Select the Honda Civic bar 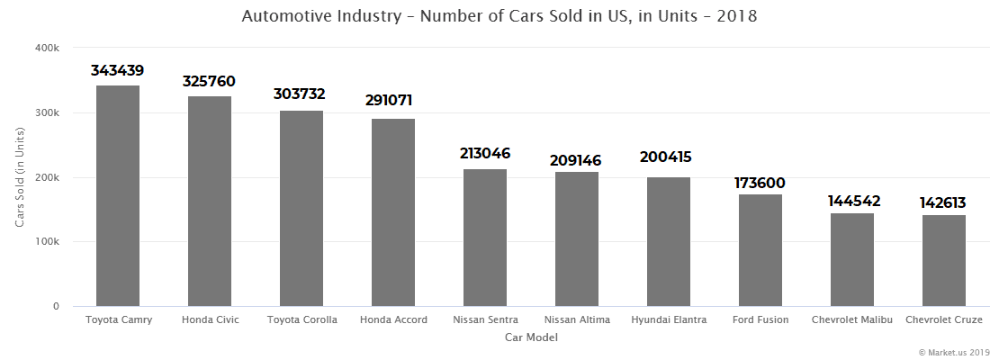click(210, 202)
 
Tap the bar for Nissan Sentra click(485, 238)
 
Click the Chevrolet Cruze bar click(944, 261)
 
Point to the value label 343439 click(118, 70)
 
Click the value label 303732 click(300, 94)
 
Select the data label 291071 click(393, 100)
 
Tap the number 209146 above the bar click(576, 160)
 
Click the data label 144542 click(852, 201)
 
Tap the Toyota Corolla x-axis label click(301, 320)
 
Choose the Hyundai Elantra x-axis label click(669, 320)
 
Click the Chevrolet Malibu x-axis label click(852, 320)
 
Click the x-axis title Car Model click(531, 338)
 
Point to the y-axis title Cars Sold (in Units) click(19, 177)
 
